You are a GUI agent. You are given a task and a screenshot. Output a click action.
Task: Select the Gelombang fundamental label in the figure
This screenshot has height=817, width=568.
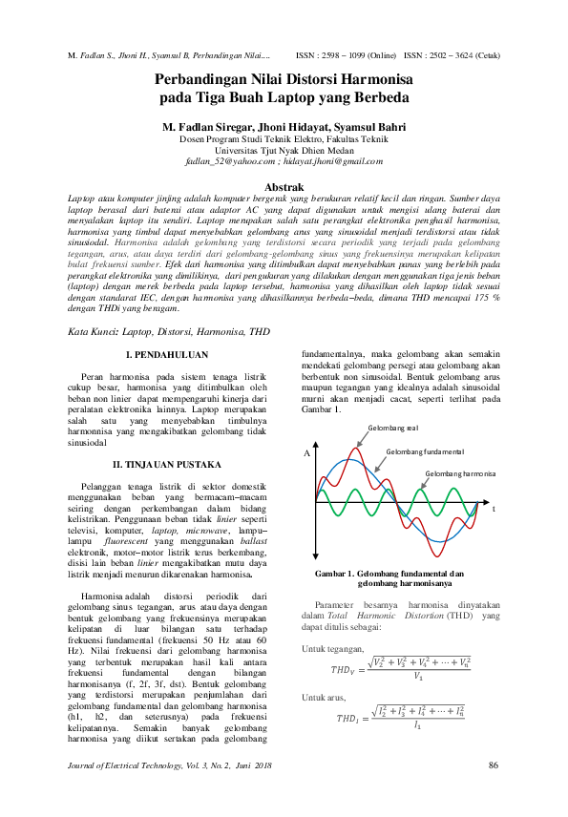425,450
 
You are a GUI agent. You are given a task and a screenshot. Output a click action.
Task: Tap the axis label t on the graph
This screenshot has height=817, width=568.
494,510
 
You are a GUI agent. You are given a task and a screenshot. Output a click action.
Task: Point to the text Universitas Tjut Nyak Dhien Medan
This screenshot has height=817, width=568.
284,150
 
